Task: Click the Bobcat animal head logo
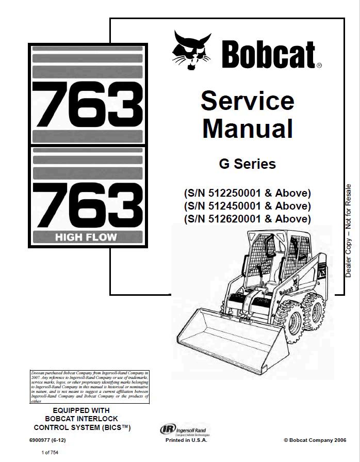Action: click(x=192, y=51)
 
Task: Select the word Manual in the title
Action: click(x=247, y=129)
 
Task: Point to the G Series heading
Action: click(x=247, y=164)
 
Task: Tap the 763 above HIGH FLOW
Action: click(x=88, y=203)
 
